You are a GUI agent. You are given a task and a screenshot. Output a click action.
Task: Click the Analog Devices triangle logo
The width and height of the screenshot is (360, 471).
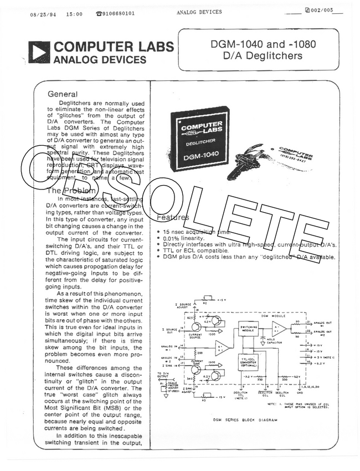click(x=40, y=52)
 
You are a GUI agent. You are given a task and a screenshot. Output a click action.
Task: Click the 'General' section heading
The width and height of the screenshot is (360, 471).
click(x=63, y=94)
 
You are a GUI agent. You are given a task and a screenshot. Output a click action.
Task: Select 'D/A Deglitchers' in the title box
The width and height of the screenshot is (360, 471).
click(x=263, y=55)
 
